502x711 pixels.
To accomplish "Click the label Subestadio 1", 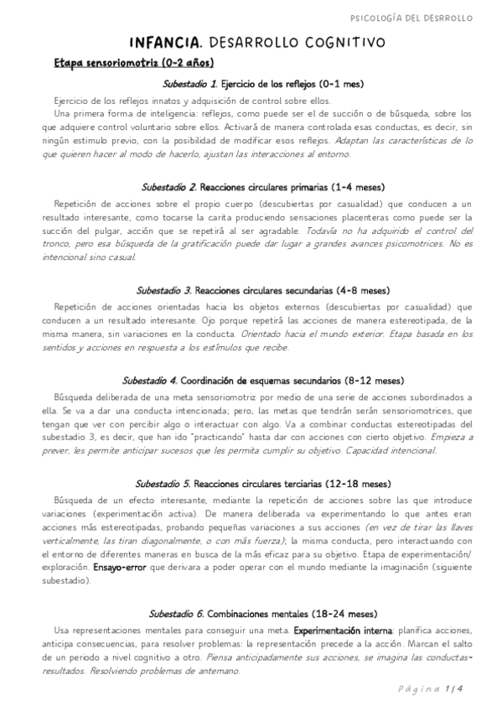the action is point(190,84).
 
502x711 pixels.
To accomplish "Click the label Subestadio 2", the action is point(170,187).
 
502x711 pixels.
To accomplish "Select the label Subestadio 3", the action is point(164,290).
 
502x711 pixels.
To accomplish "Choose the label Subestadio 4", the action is point(150,380).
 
